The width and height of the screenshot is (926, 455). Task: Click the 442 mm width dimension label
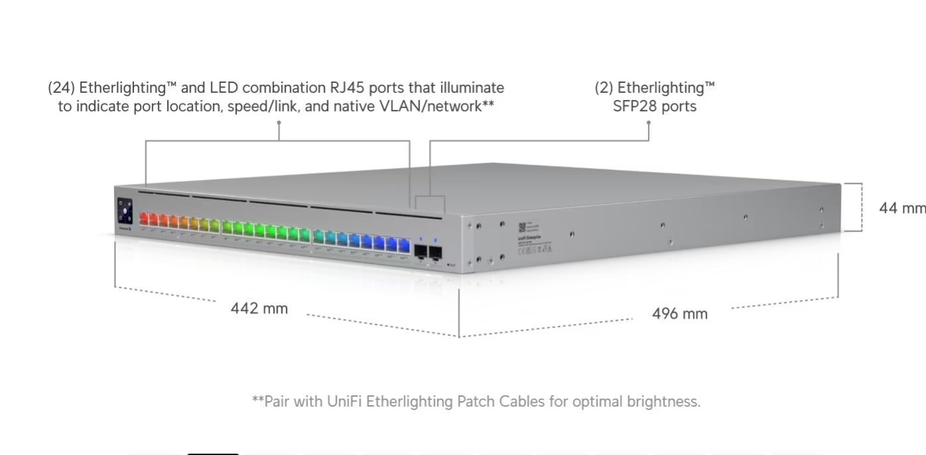pos(259,308)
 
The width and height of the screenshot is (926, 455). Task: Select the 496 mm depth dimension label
pos(680,314)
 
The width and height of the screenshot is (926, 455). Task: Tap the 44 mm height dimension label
pos(901,208)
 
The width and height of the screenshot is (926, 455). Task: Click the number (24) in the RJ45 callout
pos(61,88)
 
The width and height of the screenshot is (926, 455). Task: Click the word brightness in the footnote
pos(663,401)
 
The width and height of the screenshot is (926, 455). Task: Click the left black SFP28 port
pos(420,251)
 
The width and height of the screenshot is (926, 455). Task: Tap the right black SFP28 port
pos(436,252)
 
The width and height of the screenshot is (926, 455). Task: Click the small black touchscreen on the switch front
pos(125,212)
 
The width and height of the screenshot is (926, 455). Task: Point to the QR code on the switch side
pos(522,226)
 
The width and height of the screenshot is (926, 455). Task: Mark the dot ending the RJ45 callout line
pos(279,122)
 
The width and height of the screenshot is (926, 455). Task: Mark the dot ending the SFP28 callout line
pos(649,122)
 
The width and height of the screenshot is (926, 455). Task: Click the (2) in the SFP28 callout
pos(604,88)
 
